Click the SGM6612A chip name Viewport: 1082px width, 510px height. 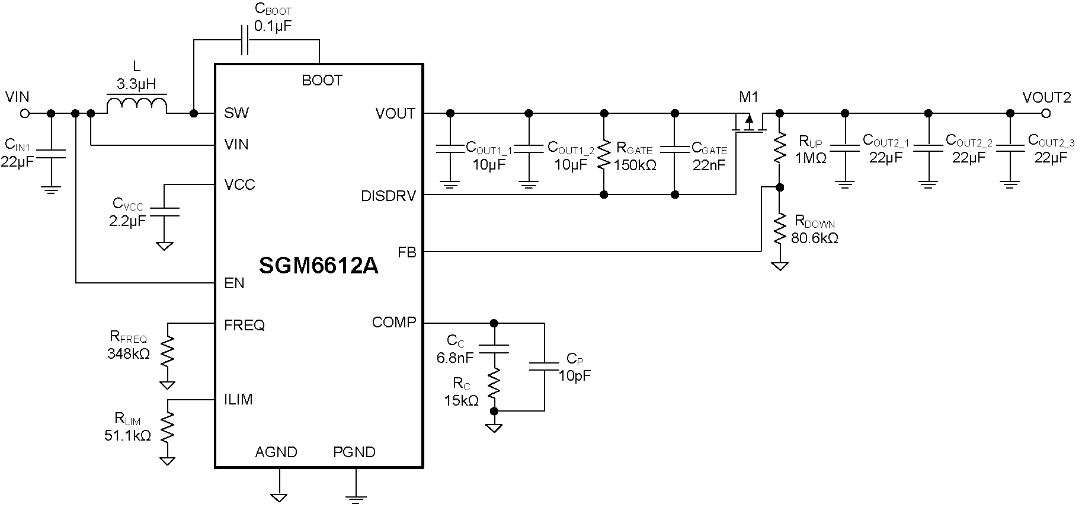click(x=318, y=266)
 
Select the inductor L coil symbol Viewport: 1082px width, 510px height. click(x=137, y=105)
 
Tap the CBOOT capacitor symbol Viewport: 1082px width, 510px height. click(x=244, y=40)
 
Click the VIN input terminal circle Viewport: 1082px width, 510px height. click(x=24, y=113)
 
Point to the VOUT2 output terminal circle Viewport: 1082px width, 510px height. click(x=1046, y=113)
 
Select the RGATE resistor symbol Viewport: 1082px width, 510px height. click(x=604, y=154)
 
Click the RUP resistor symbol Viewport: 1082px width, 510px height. click(x=780, y=148)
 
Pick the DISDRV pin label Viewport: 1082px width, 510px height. click(x=388, y=196)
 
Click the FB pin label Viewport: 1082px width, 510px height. click(x=407, y=253)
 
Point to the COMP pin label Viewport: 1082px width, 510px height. click(x=394, y=323)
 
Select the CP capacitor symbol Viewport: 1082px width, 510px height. click(x=543, y=366)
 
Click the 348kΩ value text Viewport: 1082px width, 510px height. click(x=129, y=354)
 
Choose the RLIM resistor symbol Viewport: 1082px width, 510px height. click(x=168, y=428)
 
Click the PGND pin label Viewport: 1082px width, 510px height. click(x=354, y=452)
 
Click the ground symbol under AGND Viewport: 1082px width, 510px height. click(x=278, y=496)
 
